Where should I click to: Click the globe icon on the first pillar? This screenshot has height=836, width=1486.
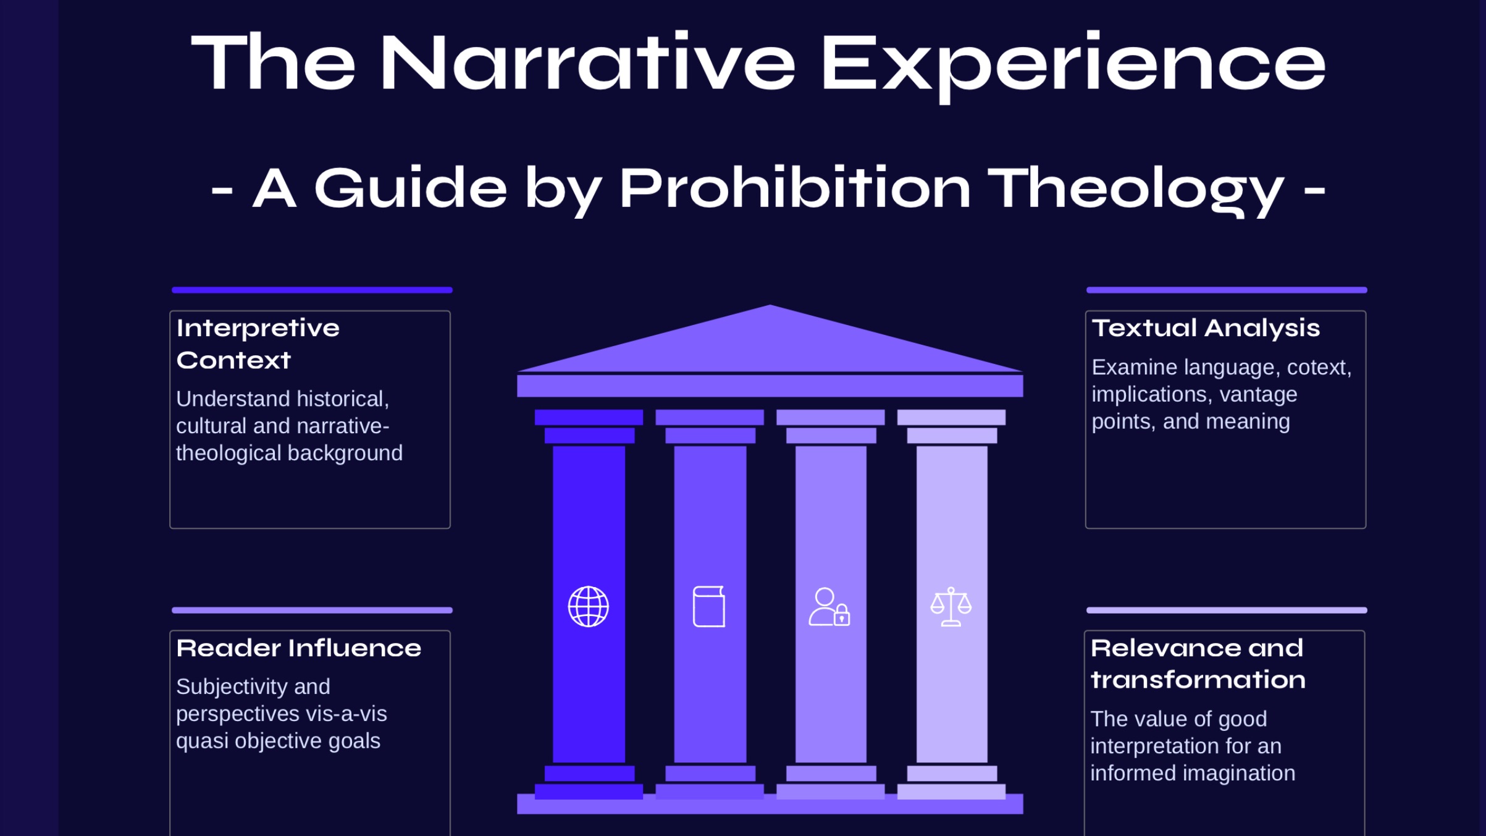click(588, 606)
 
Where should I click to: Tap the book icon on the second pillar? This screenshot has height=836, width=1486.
click(709, 606)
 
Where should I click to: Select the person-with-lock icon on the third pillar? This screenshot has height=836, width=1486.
click(829, 607)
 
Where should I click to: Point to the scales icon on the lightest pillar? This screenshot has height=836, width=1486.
click(951, 606)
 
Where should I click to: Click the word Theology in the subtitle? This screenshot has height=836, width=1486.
click(1135, 188)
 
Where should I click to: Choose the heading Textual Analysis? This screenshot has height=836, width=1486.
click(1205, 328)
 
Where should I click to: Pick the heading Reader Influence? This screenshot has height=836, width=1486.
click(298, 648)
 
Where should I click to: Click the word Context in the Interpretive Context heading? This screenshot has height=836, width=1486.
click(233, 360)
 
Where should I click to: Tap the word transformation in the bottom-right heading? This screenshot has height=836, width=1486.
click(1198, 680)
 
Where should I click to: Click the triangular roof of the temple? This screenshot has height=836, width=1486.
click(770, 343)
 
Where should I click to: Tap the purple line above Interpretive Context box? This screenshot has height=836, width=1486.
click(312, 290)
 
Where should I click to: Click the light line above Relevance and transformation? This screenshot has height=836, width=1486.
click(1226, 610)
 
